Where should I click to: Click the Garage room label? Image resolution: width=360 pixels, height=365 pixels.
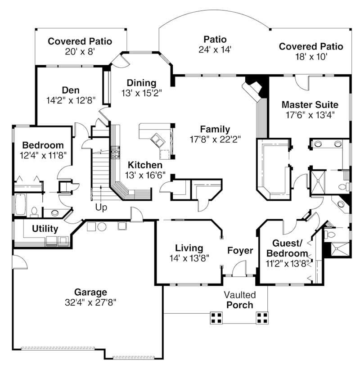tap(90, 292)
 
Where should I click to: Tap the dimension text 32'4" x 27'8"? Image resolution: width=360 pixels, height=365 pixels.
tap(90, 302)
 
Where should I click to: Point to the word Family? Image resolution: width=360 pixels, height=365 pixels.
tap(215, 129)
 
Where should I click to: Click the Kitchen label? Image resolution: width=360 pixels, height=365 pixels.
tap(144, 164)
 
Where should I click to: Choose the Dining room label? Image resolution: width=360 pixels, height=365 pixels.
tap(141, 83)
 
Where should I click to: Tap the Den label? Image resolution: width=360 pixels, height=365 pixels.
tap(71, 90)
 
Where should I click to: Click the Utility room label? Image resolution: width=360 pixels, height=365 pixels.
tap(45, 229)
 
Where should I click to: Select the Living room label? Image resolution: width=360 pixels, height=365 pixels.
tap(189, 248)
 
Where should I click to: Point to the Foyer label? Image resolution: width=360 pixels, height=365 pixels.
tap(240, 251)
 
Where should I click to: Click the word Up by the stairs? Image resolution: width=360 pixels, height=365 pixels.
tap(101, 208)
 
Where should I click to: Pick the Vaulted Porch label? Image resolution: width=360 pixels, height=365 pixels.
tap(240, 300)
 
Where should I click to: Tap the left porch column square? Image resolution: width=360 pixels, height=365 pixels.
tap(216, 318)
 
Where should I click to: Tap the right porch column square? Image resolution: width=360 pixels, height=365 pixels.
tap(262, 318)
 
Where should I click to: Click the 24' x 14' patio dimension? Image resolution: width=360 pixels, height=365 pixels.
tap(215, 50)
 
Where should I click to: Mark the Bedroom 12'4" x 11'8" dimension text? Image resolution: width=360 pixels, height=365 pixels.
tap(43, 155)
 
